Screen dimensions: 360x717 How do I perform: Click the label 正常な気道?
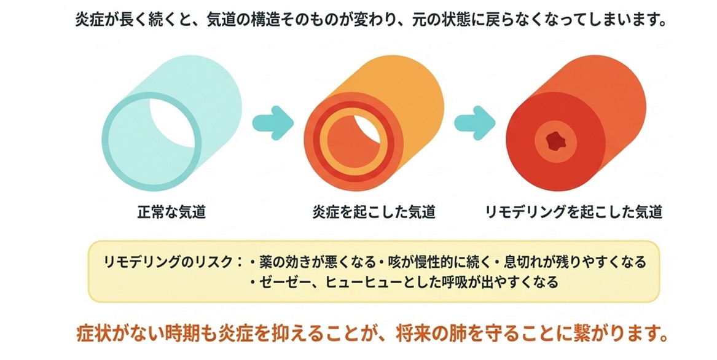[171, 213]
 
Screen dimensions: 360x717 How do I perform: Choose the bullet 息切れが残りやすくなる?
[574, 262]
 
